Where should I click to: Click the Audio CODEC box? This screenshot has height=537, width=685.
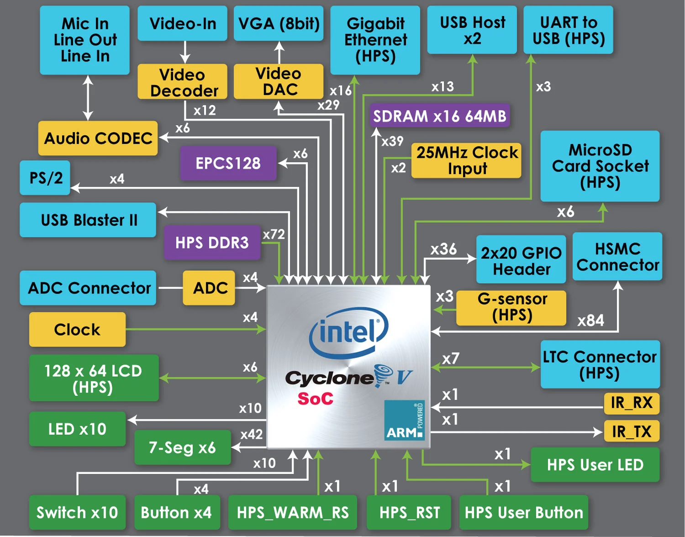(x=98, y=138)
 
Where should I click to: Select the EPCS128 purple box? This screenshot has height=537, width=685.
(x=228, y=163)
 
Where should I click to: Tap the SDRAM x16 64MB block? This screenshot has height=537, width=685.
(x=439, y=116)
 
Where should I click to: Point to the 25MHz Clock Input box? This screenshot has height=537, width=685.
(x=466, y=160)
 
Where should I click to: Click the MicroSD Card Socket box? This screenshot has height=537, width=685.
(x=600, y=166)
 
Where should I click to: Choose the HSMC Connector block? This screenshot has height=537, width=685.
(x=617, y=257)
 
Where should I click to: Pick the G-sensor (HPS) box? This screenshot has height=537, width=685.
(x=511, y=307)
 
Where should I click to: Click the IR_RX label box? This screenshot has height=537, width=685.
(x=632, y=403)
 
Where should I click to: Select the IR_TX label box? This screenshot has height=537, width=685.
(x=632, y=431)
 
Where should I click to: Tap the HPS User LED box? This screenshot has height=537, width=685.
(x=595, y=465)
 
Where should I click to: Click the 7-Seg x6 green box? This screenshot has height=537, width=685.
(x=182, y=447)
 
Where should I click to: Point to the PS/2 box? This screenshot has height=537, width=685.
(x=45, y=178)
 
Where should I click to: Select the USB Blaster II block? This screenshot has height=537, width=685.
(x=88, y=220)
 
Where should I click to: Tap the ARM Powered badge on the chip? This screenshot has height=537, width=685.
(x=405, y=421)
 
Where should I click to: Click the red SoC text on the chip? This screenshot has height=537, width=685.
(x=315, y=399)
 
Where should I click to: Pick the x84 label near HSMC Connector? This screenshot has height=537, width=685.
(x=590, y=321)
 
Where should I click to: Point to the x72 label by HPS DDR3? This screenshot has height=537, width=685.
(x=274, y=235)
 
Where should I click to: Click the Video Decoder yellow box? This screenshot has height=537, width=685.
(x=183, y=82)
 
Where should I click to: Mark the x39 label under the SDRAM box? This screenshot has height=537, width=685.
(x=393, y=142)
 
